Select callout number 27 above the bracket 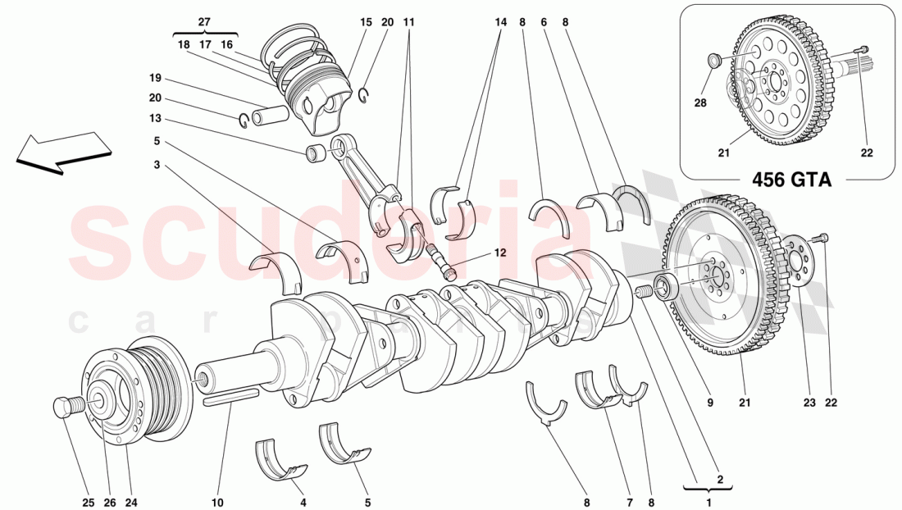204,21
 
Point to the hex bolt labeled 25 66,406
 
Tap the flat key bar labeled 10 231,398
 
